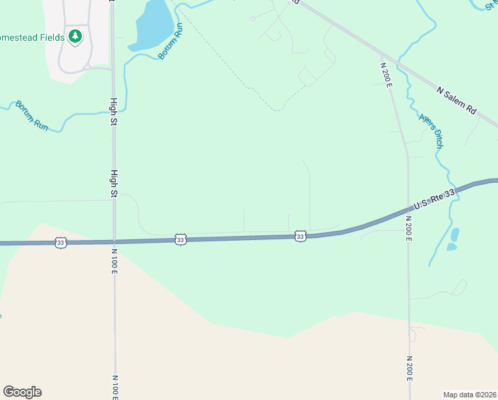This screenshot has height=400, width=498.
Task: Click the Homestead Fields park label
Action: (x=32, y=37)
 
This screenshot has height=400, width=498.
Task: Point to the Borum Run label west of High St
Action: (x=32, y=115)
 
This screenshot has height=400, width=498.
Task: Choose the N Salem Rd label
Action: (x=457, y=100)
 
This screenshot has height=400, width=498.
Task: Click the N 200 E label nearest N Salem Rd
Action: (x=384, y=77)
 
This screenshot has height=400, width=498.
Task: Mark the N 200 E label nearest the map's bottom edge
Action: (x=409, y=369)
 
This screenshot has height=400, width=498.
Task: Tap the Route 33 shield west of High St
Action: (x=61, y=243)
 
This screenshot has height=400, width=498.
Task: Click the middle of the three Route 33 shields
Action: (x=180, y=239)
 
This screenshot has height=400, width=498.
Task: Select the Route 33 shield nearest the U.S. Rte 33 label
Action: (x=300, y=236)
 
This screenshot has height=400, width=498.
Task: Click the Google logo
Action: (x=22, y=392)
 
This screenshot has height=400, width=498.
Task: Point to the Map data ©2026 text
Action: (x=469, y=395)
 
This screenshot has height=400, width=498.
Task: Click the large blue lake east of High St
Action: (x=152, y=25)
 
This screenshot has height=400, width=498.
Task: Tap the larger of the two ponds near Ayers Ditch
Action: (x=455, y=235)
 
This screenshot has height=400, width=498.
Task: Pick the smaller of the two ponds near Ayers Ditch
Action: (x=451, y=247)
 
